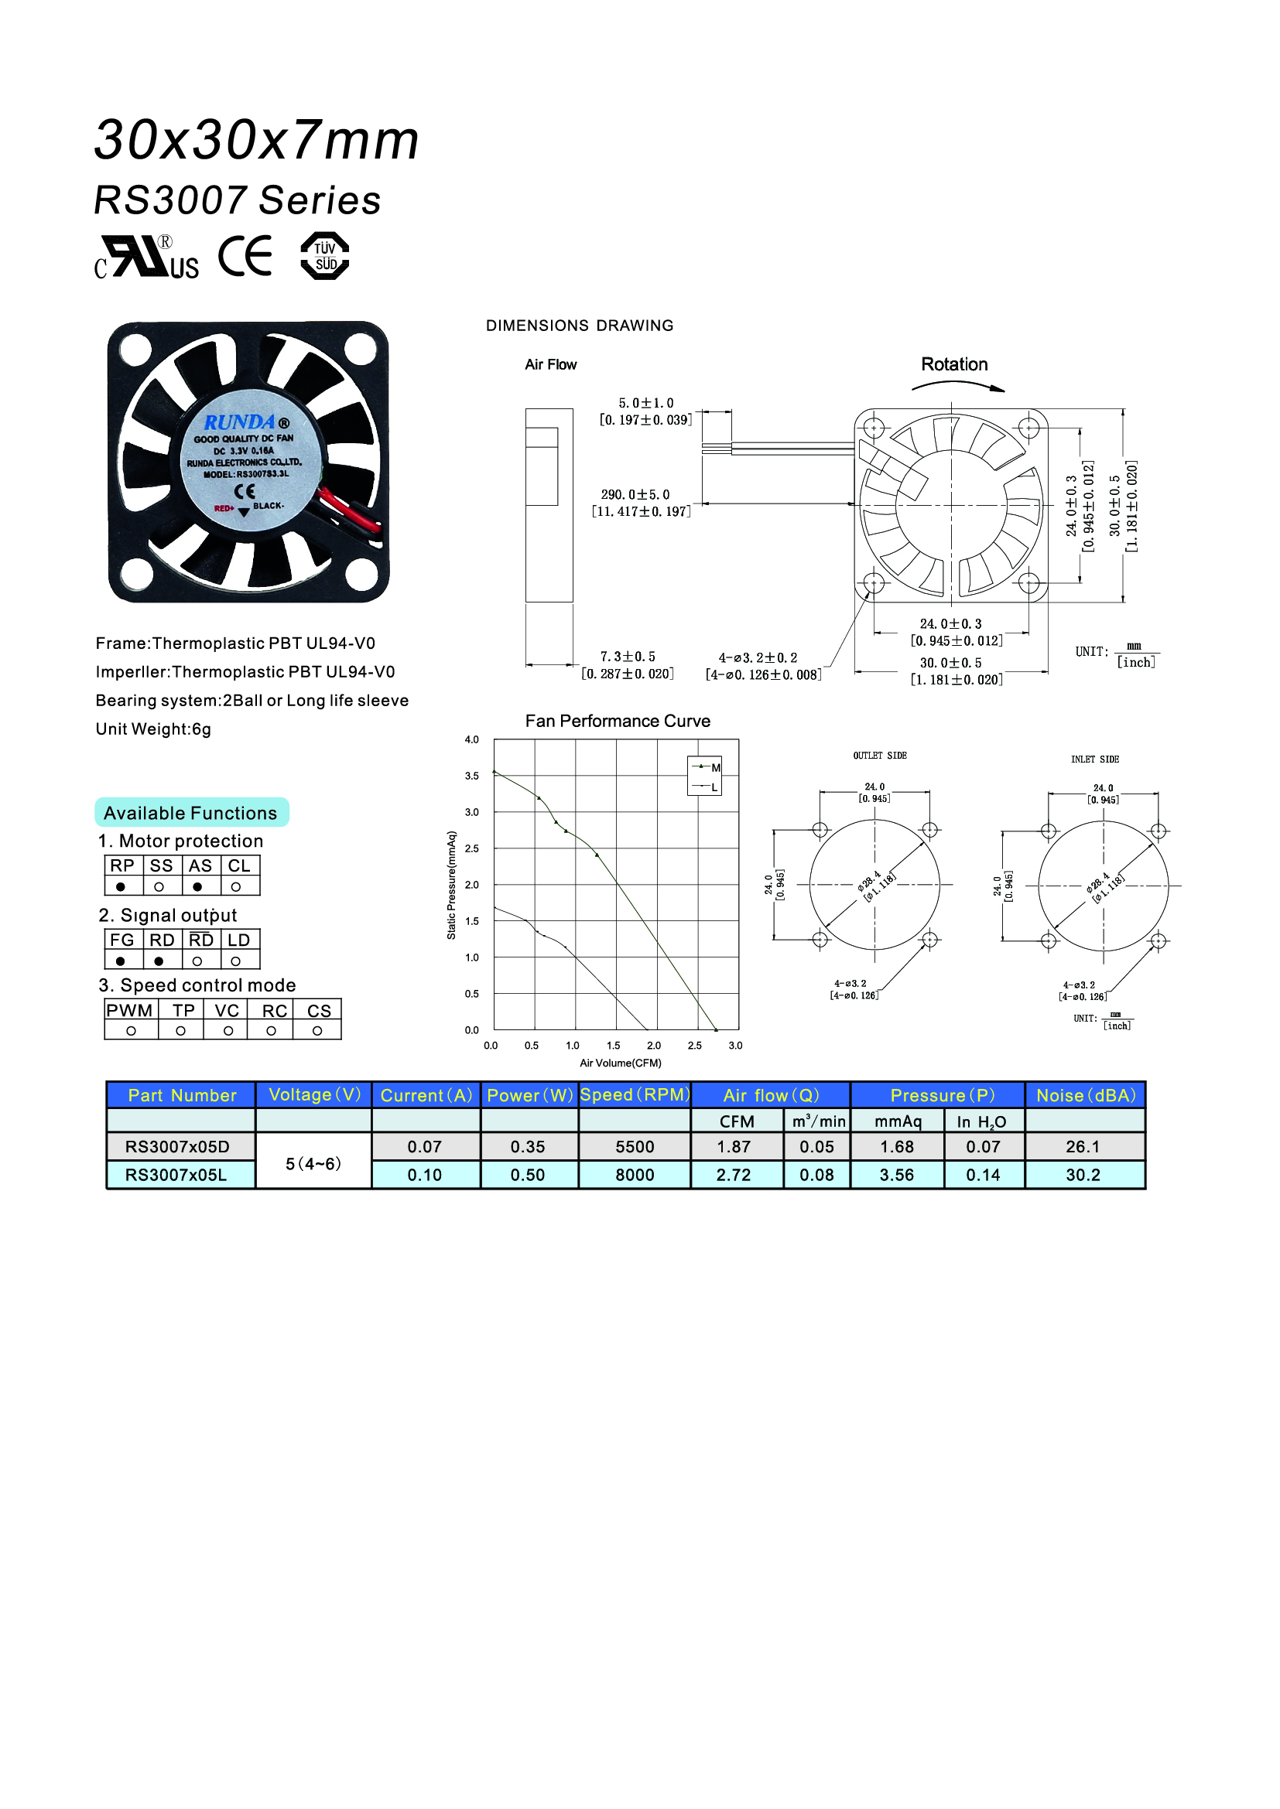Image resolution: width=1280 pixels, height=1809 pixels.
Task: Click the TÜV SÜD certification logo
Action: [325, 256]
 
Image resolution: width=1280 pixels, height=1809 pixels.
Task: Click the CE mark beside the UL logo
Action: [245, 256]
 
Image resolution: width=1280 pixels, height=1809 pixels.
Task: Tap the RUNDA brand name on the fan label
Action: [240, 422]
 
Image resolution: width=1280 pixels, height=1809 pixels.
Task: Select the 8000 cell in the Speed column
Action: [635, 1175]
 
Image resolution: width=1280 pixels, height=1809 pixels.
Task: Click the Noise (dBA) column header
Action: [1085, 1095]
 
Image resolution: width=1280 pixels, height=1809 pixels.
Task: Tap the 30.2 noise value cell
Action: [1083, 1175]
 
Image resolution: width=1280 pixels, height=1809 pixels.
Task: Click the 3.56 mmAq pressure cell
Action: [897, 1175]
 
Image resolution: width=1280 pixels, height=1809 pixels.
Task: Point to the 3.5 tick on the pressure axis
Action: [471, 776]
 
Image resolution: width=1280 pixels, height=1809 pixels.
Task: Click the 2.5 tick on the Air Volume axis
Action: [694, 1046]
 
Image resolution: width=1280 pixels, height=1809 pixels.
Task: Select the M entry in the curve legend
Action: [715, 768]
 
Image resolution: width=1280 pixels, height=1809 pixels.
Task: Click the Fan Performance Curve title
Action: [617, 721]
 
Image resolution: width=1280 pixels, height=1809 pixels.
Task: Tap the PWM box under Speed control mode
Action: [130, 1011]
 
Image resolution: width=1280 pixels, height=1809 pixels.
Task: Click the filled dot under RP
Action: [121, 887]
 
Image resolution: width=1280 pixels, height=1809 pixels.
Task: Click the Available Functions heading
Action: [190, 813]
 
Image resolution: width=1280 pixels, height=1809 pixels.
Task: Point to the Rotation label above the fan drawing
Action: [953, 365]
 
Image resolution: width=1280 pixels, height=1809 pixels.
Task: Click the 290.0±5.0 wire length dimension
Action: [635, 495]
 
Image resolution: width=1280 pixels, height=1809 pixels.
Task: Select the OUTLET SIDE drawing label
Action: [880, 756]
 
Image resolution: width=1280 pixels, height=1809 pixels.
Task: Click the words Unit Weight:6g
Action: [154, 729]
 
